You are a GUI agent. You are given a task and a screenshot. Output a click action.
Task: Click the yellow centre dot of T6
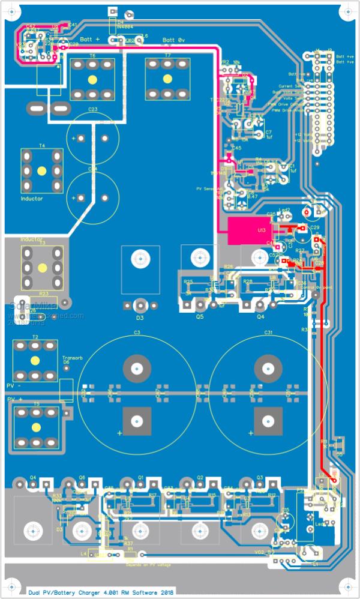92,79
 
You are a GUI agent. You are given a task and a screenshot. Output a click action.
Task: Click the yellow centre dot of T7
167,79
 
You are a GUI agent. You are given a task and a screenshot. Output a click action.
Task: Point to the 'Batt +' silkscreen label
89,40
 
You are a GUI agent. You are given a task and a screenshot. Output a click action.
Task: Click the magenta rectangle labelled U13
248,230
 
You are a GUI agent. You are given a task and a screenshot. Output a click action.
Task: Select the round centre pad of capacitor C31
268,368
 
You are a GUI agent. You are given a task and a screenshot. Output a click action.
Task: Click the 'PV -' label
13,385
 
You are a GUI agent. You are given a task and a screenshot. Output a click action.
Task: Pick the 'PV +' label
13,399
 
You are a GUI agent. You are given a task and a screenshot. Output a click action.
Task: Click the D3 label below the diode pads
140,318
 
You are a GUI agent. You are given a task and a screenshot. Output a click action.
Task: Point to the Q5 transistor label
200,316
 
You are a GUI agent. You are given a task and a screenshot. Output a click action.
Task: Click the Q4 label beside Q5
260,316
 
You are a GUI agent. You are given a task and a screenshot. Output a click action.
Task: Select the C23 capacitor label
92,109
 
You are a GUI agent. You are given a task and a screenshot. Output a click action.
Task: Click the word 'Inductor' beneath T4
31,198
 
